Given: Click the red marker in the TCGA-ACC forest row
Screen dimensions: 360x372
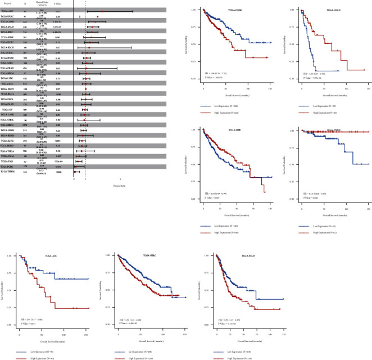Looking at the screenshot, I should [x=102, y=11].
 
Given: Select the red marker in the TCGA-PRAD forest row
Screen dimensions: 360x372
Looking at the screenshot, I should [x=86, y=67].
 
